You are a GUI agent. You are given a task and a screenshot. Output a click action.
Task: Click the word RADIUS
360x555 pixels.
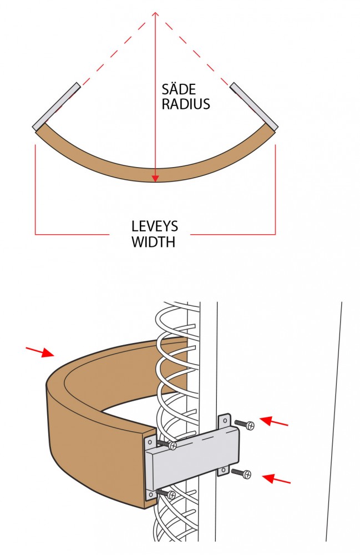(x=186, y=104)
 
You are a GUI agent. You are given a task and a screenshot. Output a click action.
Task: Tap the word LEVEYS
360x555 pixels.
(x=155, y=226)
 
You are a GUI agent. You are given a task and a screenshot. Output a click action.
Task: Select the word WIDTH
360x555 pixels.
(x=153, y=242)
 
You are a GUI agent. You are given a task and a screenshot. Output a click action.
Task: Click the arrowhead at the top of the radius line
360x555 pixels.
(x=155, y=14)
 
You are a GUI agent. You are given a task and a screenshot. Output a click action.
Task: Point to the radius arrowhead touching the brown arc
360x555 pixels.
(x=155, y=178)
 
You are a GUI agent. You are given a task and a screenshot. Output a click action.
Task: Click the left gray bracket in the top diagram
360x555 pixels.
(x=57, y=106)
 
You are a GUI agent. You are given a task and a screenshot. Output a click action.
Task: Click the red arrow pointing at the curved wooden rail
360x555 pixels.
(x=40, y=352)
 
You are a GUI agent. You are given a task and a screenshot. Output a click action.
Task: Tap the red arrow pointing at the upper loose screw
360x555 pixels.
(x=274, y=421)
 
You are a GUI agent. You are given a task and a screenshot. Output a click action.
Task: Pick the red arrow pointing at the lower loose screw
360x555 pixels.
(x=276, y=479)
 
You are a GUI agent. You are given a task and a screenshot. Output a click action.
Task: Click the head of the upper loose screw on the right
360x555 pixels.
(x=250, y=425)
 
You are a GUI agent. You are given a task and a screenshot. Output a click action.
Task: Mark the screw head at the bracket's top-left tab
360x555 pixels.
(x=173, y=446)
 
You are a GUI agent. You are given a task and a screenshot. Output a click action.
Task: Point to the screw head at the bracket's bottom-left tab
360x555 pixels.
(x=171, y=496)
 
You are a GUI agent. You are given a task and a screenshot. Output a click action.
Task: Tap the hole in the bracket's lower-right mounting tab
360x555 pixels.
(x=223, y=471)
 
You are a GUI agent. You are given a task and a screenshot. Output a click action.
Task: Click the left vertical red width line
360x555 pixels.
(x=36, y=189)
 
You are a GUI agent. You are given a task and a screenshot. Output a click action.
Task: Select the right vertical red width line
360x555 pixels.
(x=275, y=189)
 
